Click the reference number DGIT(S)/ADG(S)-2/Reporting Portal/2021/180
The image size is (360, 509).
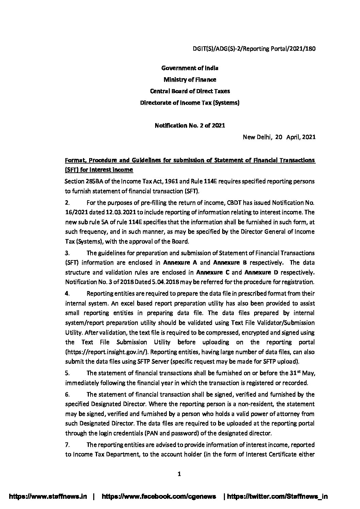click(254, 49)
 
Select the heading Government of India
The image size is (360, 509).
click(190, 68)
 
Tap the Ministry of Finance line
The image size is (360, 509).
click(190, 80)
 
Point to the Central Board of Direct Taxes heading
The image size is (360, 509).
click(190, 91)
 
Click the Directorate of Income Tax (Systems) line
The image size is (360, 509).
click(190, 103)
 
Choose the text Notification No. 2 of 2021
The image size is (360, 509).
click(190, 125)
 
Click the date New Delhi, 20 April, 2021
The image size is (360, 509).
click(279, 137)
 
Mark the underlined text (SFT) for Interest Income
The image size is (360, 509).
click(99, 169)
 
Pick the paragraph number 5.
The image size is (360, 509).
click(67, 373)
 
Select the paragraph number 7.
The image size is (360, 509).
click(67, 445)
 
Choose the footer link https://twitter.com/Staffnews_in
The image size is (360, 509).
click(277, 496)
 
